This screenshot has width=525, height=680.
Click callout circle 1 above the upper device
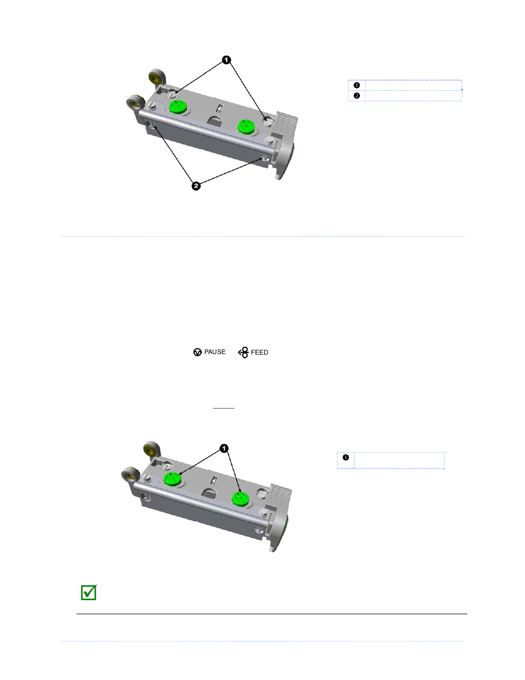(226, 60)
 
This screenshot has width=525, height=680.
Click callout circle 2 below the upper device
(196, 186)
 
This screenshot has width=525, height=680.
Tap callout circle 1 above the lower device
(224, 448)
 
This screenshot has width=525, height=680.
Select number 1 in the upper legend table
(357, 85)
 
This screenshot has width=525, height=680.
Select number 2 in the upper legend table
(357, 95)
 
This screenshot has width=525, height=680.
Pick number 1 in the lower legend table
(346, 458)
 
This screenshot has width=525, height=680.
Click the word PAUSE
(215, 352)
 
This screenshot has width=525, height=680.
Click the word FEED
(260, 352)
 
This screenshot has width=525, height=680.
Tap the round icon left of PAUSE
(198, 352)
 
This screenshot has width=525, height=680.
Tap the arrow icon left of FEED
(243, 352)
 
